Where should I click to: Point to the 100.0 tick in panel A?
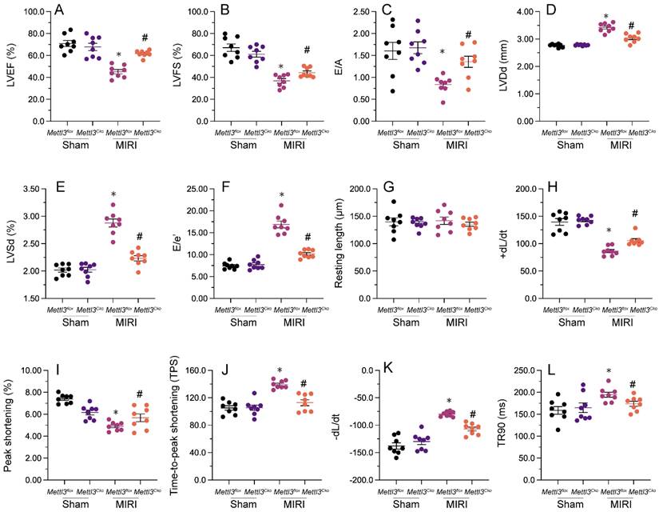30,13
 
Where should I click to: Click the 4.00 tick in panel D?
522,13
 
